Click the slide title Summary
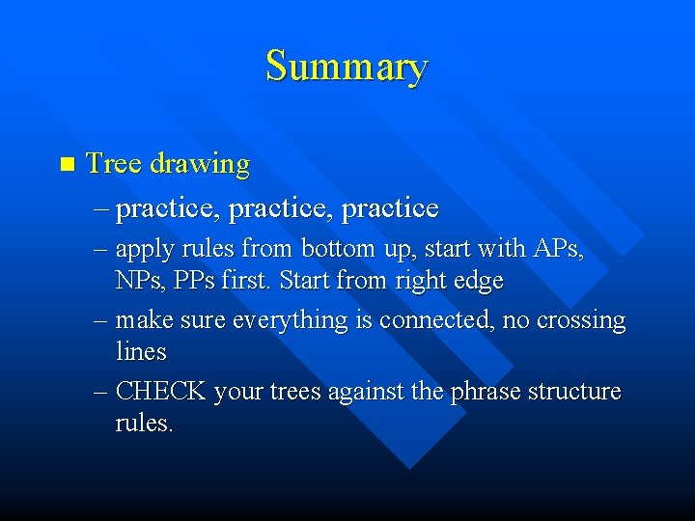347,67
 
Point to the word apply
146,250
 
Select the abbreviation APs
557,248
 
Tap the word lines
141,352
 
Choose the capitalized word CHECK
161,392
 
